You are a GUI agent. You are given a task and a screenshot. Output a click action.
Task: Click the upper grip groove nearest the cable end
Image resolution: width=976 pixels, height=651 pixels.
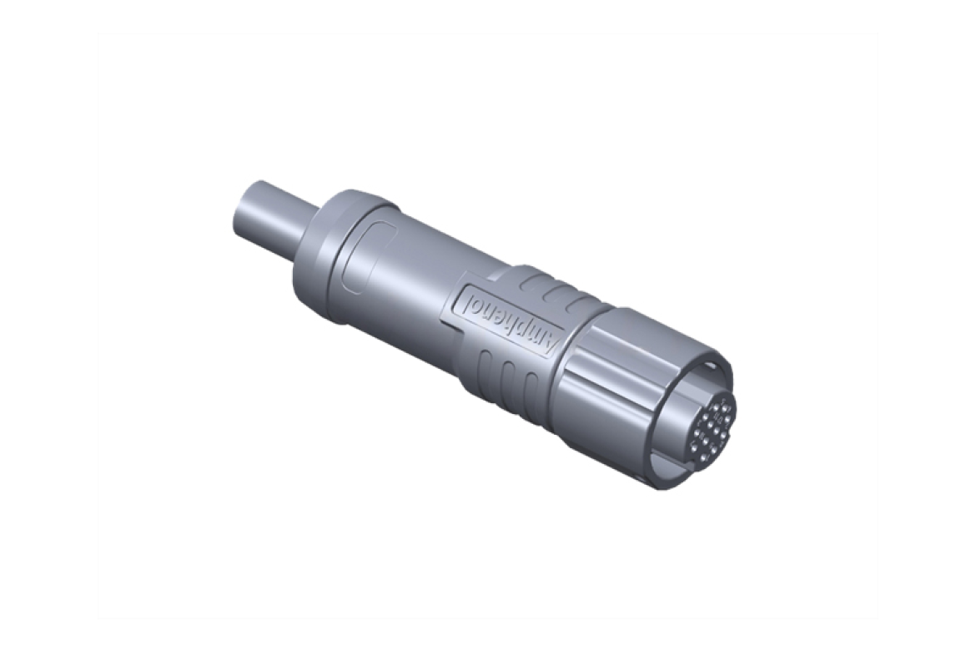527,284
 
